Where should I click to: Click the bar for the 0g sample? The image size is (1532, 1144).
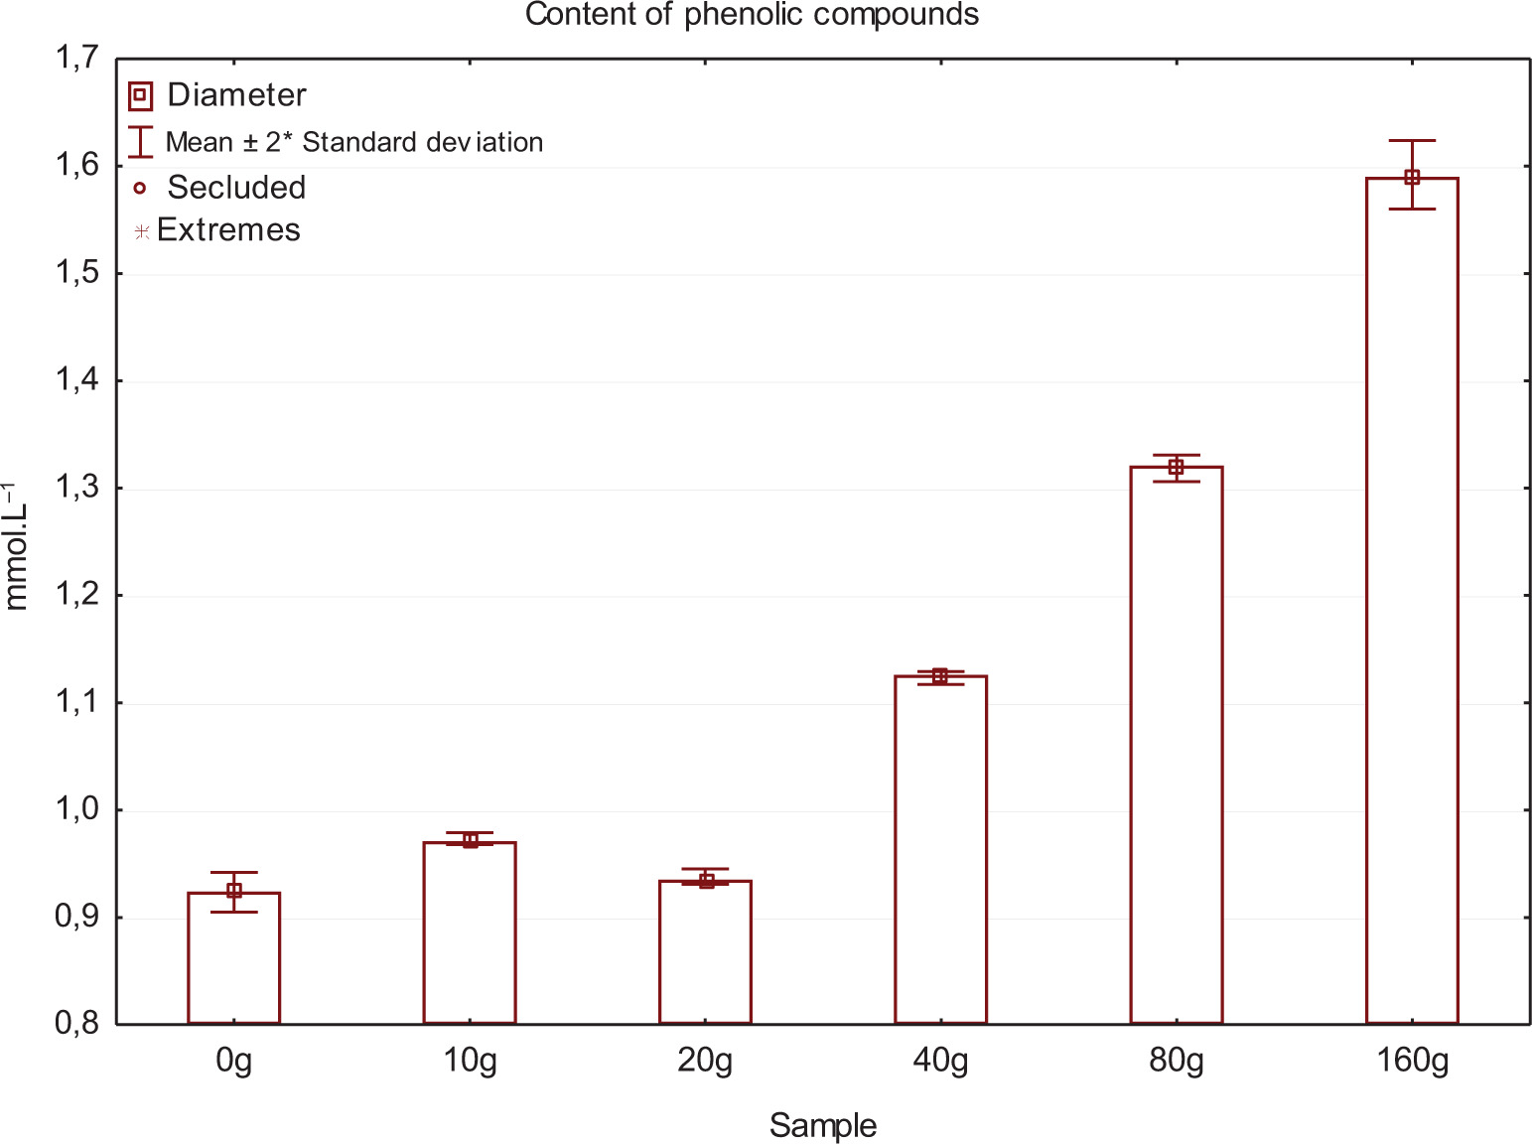pyautogui.click(x=234, y=958)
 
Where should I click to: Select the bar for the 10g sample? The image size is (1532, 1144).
pyautogui.click(x=470, y=933)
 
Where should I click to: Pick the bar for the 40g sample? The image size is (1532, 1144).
pyautogui.click(x=940, y=849)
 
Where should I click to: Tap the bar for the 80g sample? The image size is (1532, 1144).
pyautogui.click(x=1177, y=745)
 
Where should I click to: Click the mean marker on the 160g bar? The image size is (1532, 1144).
pyautogui.click(x=1412, y=178)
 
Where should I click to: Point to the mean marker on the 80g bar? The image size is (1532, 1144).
pyautogui.click(x=1177, y=467)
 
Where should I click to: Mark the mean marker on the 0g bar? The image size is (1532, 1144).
pyautogui.click(x=234, y=891)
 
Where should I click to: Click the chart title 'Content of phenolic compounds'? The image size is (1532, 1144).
pyautogui.click(x=752, y=15)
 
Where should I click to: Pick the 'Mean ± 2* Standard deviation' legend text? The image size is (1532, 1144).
pyautogui.click(x=353, y=142)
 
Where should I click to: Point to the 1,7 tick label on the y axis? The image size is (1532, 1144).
pyautogui.click(x=76, y=59)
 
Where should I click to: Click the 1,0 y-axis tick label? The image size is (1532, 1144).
pyautogui.click(x=76, y=809)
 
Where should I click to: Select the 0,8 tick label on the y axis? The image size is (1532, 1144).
pyautogui.click(x=76, y=1024)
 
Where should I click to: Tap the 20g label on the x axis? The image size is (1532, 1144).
pyautogui.click(x=705, y=1062)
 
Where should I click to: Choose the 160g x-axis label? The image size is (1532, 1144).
pyautogui.click(x=1412, y=1062)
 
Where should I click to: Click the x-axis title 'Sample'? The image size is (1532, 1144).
pyautogui.click(x=822, y=1126)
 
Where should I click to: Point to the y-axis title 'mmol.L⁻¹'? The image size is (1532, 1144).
pyautogui.click(x=17, y=545)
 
